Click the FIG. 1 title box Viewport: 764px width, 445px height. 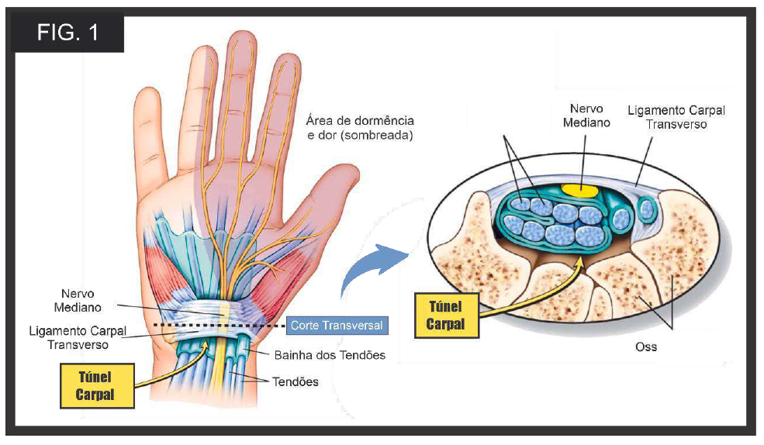tap(67, 33)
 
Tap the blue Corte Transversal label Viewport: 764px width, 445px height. tap(337, 326)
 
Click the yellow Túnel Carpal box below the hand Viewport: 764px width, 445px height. tap(97, 385)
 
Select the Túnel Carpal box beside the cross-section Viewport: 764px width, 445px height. tap(446, 316)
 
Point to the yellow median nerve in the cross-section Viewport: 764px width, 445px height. tap(579, 189)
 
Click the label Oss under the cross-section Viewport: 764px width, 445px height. tap(645, 347)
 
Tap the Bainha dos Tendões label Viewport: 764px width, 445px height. tap(330, 355)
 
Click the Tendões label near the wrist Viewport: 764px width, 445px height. tap(296, 381)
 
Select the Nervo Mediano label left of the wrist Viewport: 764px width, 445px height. tap(78, 300)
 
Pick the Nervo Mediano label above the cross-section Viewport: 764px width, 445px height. tap(586, 116)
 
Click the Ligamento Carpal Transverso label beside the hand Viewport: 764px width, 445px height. tap(78, 338)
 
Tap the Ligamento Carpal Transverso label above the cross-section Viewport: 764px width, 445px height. tap(676, 117)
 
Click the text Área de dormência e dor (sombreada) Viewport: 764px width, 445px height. tap(360, 128)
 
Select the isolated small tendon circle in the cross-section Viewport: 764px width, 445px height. tap(647, 210)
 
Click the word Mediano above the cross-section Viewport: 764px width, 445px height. tap(586, 122)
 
